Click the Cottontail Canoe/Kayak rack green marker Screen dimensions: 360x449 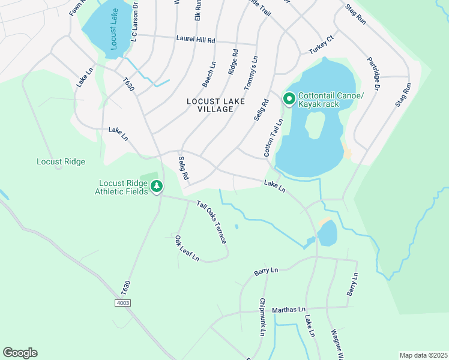[289, 98]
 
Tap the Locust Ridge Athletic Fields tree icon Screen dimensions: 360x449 [157, 187]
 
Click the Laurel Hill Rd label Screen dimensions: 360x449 [195, 40]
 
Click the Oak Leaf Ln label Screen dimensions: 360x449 [187, 248]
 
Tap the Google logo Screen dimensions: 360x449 [20, 353]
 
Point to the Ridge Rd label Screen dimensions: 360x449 [232, 62]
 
